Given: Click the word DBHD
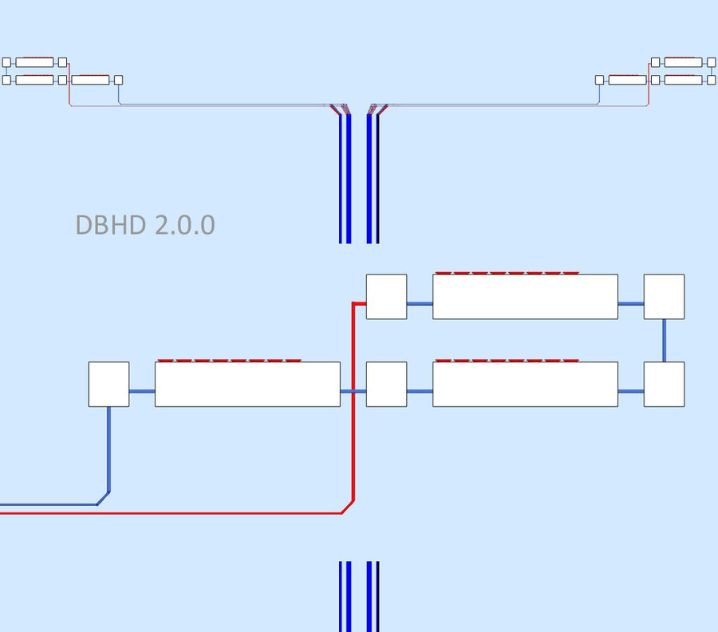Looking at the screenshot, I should (111, 225).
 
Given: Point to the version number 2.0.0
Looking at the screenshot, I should (185, 225).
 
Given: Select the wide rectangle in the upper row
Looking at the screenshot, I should (525, 297).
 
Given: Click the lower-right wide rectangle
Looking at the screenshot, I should (525, 384).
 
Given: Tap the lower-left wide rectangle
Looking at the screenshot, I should (247, 384).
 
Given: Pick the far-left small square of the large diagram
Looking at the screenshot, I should (108, 384).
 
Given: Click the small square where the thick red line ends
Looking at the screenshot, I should (386, 297).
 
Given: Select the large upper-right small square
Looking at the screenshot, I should (664, 297).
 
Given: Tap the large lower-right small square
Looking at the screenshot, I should (664, 384).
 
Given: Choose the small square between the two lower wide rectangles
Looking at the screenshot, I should (386, 384).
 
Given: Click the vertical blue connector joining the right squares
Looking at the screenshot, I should (664, 340).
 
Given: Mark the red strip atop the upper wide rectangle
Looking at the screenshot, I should (507, 272).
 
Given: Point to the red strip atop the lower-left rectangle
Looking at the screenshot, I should (229, 360).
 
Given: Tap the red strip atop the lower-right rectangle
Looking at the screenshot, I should (507, 360).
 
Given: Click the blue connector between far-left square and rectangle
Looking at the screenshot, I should (142, 391).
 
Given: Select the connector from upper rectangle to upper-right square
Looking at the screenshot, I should (631, 303).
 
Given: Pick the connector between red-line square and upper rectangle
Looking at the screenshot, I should (420, 303).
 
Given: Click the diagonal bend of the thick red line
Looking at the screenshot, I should (347, 507).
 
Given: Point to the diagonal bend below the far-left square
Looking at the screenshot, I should (103, 498).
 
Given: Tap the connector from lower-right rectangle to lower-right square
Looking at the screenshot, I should (631, 391).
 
